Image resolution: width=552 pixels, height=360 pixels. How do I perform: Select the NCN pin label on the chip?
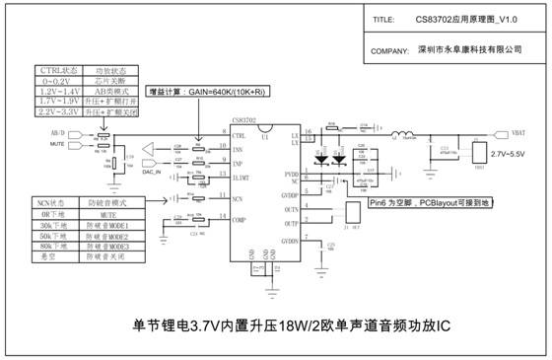[237, 198]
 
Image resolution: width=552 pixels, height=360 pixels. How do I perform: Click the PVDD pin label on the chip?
[291, 175]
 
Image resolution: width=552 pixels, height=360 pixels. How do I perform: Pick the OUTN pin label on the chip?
[290, 210]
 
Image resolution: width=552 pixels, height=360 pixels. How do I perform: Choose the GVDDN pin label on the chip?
[290, 242]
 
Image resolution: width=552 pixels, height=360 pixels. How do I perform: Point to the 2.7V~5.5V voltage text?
[509, 155]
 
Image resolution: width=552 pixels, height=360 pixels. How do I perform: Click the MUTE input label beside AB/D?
[58, 143]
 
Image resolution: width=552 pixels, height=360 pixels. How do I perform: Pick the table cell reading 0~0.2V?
[51, 83]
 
